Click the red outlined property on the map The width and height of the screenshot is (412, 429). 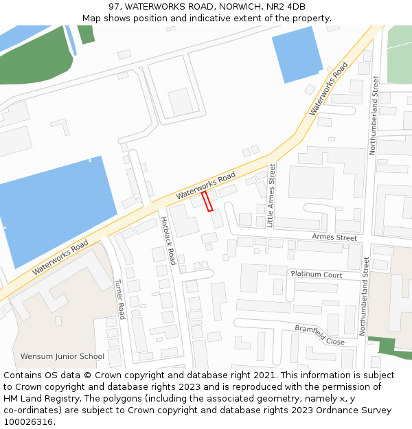[207, 201]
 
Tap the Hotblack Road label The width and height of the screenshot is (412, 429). [168, 240]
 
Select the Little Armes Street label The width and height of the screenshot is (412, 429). [271, 196]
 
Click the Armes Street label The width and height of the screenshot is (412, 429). [334, 237]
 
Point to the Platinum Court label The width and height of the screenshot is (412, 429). [317, 275]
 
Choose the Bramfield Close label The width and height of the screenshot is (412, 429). [320, 334]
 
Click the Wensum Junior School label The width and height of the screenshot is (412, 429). [62, 356]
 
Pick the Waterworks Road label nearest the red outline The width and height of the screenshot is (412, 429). [205, 185]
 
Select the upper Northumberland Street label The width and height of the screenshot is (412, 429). [375, 115]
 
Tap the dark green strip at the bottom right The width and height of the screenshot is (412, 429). [389, 347]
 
